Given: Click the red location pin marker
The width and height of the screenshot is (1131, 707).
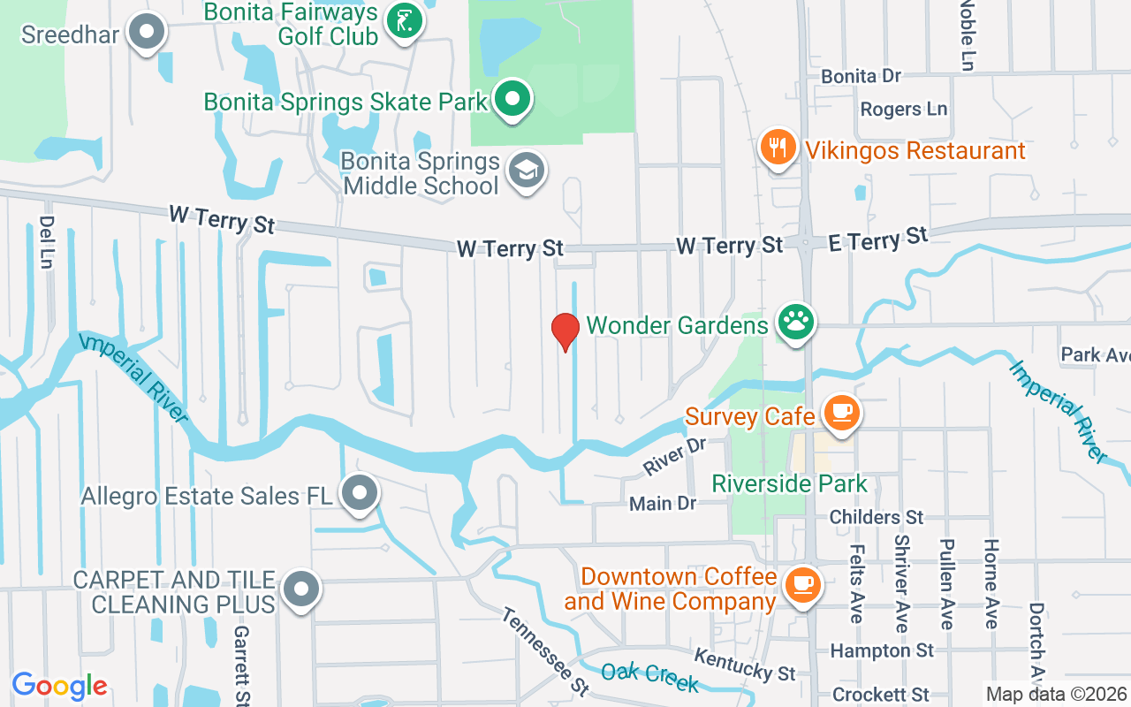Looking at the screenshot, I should (x=565, y=331).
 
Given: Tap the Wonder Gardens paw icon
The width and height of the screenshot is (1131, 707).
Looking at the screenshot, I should (x=795, y=323).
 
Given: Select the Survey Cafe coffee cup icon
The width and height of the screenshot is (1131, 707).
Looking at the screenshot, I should (x=841, y=413).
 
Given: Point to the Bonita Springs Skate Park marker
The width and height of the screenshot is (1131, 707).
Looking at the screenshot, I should (x=512, y=99).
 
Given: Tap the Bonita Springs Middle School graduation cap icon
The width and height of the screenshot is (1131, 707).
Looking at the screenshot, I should (x=528, y=171).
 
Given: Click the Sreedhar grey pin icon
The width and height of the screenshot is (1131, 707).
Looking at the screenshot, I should (x=147, y=33).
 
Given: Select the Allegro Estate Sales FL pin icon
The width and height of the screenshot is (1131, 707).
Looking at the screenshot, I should (x=360, y=494).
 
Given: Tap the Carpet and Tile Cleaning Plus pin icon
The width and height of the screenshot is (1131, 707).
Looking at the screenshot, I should (x=301, y=589).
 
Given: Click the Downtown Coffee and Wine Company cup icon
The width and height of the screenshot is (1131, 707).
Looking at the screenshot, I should (x=802, y=584).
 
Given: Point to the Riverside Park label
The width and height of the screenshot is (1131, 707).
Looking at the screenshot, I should (x=790, y=484).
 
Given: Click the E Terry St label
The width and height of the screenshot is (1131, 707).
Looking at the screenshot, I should (x=878, y=239).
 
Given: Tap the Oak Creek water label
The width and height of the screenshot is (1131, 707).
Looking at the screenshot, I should (x=649, y=674).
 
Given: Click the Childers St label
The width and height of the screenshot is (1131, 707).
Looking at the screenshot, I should (x=876, y=517).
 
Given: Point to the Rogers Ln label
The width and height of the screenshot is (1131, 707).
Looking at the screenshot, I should (x=903, y=110).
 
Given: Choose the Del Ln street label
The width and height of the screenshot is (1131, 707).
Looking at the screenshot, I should (x=46, y=241).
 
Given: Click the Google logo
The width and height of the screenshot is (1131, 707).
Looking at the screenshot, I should (x=59, y=686).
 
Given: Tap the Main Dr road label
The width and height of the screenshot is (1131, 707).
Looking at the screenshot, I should (x=663, y=504).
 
